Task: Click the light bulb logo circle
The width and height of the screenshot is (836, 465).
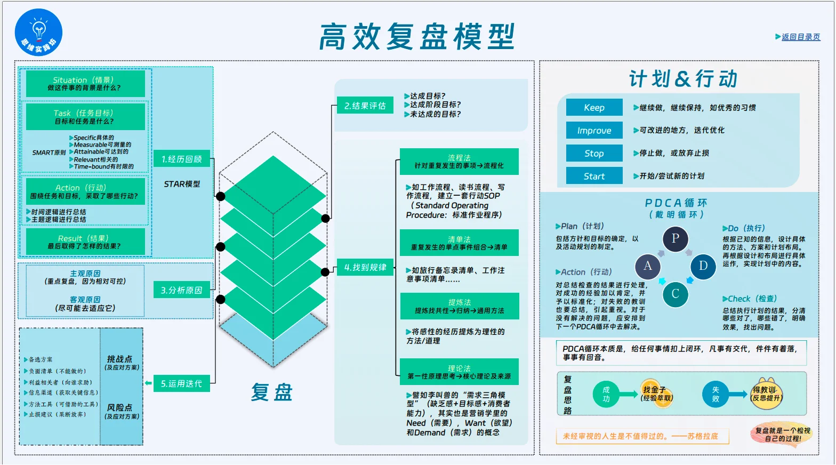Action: coord(38,33)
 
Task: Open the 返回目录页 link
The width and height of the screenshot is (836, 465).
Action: coord(801,37)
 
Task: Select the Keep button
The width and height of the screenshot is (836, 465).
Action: coord(594,108)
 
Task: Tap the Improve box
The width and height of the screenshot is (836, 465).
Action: coord(594,130)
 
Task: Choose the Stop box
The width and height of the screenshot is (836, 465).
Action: coord(594,153)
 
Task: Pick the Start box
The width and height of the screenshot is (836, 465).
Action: coord(594,176)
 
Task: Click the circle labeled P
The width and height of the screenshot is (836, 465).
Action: coord(676,239)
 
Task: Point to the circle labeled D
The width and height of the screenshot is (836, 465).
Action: coord(703,267)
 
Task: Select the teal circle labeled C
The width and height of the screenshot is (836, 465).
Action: coord(676,294)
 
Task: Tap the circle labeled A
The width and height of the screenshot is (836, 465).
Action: coord(648,267)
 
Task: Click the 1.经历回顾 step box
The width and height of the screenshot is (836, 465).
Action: coord(182,159)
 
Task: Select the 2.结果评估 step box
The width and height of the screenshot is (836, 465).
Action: coord(365,106)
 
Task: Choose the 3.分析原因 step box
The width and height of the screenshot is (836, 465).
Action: coord(182,290)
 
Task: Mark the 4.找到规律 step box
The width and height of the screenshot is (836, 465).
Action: coord(365,267)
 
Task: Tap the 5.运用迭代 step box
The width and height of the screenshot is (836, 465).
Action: coord(182,383)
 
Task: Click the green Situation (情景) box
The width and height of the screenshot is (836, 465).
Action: coord(85,84)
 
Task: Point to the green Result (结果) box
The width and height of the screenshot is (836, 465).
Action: coord(85,242)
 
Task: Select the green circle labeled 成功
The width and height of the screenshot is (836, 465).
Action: coord(606,394)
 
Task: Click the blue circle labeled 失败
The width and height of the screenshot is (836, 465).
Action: coord(715,394)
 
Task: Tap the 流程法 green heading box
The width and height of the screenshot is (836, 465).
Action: coord(459,162)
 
